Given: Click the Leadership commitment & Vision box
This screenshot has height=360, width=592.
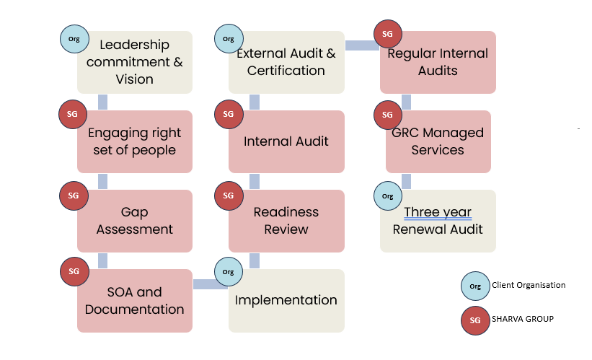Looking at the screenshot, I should coord(135,62).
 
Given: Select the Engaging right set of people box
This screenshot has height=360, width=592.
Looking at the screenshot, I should coord(135,141).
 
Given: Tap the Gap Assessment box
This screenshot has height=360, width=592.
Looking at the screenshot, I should coord(135,221).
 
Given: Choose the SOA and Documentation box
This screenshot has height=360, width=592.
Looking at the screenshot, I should coord(135,301).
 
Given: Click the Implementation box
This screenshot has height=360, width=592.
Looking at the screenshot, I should coord(286,301).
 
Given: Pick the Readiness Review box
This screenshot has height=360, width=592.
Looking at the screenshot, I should coord(286,221).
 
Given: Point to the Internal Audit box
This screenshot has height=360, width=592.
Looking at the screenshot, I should coord(286,141).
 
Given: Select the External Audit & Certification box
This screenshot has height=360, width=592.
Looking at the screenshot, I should coord(286,62).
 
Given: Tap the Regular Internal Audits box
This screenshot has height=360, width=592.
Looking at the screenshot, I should coord(438,62).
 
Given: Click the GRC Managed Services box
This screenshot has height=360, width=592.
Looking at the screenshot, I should coord(438,141).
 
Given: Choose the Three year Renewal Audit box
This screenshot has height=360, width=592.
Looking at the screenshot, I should coord(438,221).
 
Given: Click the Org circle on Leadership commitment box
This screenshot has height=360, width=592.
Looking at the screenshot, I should coord(74,38).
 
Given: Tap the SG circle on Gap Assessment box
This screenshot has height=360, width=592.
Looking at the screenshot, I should coord(74,196).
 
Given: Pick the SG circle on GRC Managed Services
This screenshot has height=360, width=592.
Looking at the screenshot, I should coord(388,115).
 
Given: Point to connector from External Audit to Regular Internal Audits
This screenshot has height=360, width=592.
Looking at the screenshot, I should coord(362,45).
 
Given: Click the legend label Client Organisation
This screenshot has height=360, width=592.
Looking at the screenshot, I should coord(529,285).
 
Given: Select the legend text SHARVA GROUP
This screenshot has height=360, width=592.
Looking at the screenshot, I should coord(523,318).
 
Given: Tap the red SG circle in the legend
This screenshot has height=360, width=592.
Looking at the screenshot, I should coord(475,319).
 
